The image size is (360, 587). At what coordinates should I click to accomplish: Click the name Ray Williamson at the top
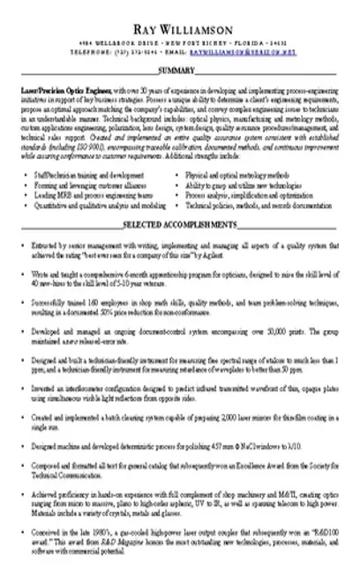coord(180,30)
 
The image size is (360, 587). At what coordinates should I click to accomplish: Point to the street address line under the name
coord(180,44)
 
